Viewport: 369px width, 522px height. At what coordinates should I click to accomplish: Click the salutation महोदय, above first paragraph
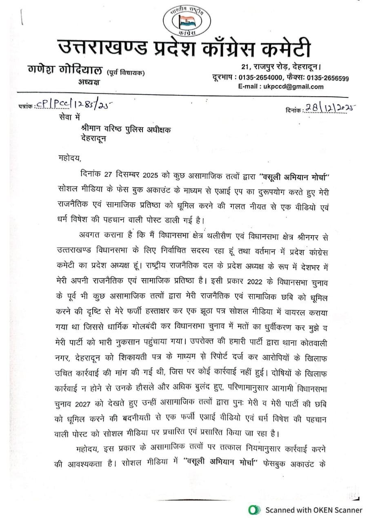pos(67,156)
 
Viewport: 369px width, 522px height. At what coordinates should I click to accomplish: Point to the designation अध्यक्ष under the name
pos(89,82)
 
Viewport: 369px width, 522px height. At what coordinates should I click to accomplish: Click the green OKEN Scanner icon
pos(255,509)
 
